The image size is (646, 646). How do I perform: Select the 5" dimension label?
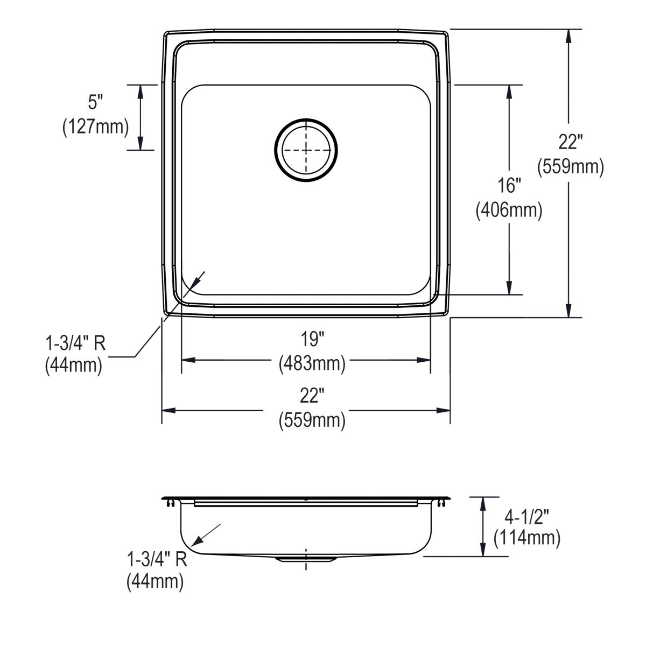pyautogui.click(x=96, y=101)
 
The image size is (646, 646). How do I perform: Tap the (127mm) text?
pyautogui.click(x=96, y=127)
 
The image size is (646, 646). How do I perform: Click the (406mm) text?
pyautogui.click(x=509, y=210)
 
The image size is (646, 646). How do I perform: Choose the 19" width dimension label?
pyautogui.click(x=312, y=339)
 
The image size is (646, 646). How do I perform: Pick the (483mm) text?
pyautogui.click(x=312, y=364)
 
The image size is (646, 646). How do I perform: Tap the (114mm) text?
pyautogui.click(x=527, y=538)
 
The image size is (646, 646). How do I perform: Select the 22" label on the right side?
pyautogui.click(x=571, y=143)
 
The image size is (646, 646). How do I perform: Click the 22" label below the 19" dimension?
pyautogui.click(x=312, y=396)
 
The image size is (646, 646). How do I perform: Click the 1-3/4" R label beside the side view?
pyautogui.click(x=157, y=559)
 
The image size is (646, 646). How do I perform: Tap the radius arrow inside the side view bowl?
pyautogui.click(x=207, y=533)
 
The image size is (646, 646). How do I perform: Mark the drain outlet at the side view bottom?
pyautogui.click(x=306, y=560)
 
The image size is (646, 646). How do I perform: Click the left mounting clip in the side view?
pyautogui.click(x=171, y=503)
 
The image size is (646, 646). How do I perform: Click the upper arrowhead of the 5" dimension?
pyautogui.click(x=141, y=92)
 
